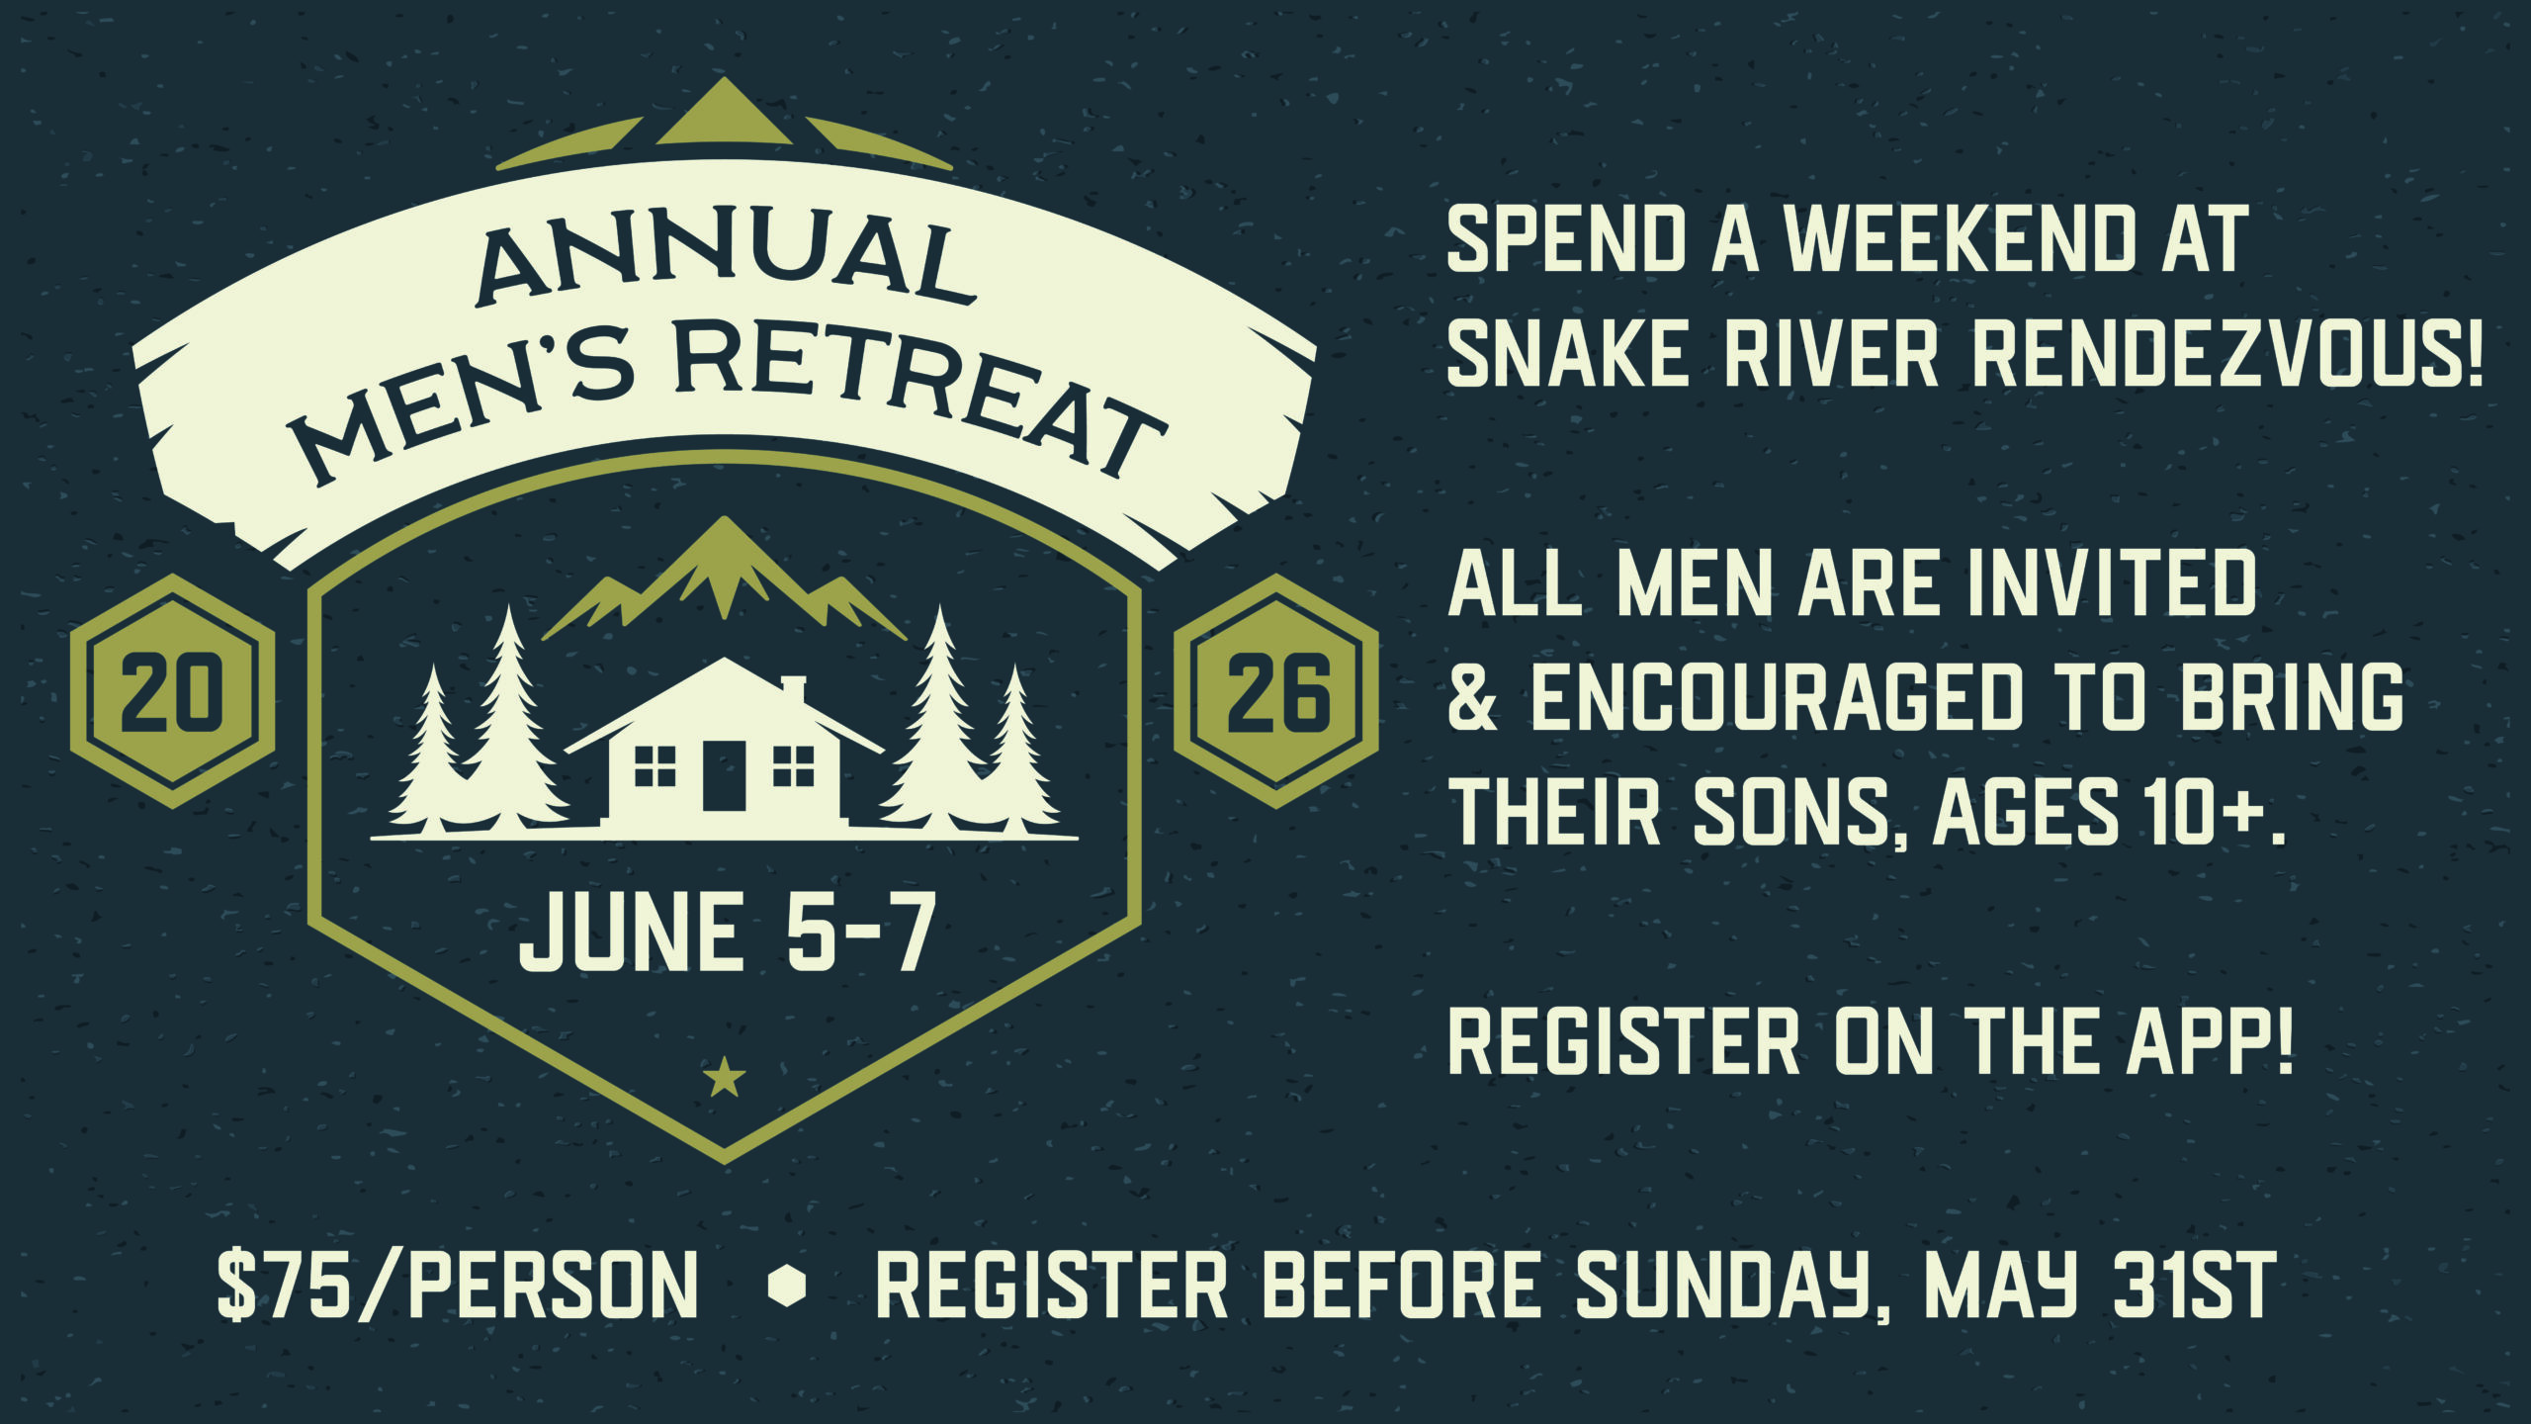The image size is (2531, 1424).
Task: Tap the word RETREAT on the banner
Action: click(x=919, y=396)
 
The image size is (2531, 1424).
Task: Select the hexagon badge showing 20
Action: click(x=173, y=691)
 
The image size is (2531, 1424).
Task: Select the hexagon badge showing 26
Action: click(x=1276, y=691)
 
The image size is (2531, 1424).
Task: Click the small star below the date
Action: click(x=725, y=1077)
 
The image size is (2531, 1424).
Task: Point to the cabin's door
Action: click(x=724, y=775)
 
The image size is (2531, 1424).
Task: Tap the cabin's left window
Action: click(x=655, y=766)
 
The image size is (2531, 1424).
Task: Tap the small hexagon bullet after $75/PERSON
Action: click(x=787, y=1286)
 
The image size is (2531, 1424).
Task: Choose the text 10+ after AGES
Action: click(x=2200, y=811)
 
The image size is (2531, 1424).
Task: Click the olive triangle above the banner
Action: click(x=725, y=112)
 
